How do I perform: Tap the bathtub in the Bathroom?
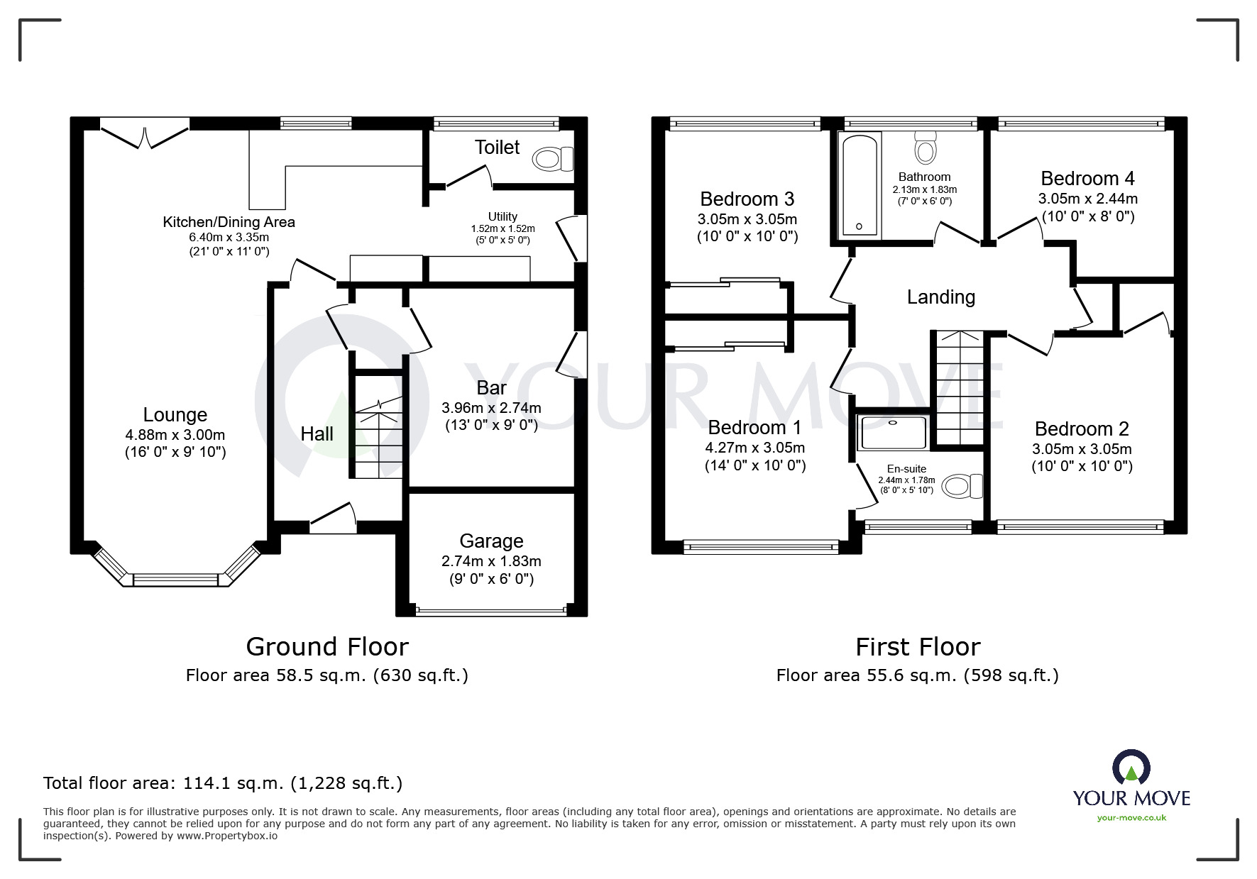pos(860,184)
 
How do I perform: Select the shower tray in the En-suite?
pos(893,433)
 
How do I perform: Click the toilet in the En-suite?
pos(962,487)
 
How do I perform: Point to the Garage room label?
pos(491,541)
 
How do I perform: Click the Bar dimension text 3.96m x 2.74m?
pos(491,408)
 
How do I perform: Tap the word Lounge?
pos(175,415)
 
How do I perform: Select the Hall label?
pos(317,434)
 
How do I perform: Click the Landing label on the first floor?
pos(940,297)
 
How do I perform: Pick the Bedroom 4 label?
pos(1087,178)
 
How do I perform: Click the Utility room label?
pos(503,216)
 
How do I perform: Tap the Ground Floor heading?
pos(327,647)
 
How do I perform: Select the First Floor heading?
pos(917,647)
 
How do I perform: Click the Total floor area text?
pos(223,783)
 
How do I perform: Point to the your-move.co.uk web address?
pos(1131,818)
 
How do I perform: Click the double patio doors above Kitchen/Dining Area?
pos(146,136)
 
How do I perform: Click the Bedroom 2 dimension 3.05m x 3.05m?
pos(1082,449)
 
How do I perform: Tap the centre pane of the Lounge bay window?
pos(175,580)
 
